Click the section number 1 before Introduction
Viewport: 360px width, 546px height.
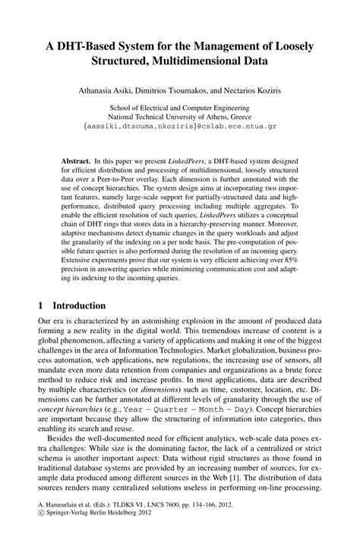point(41,325)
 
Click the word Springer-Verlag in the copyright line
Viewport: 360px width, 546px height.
point(72,535)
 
